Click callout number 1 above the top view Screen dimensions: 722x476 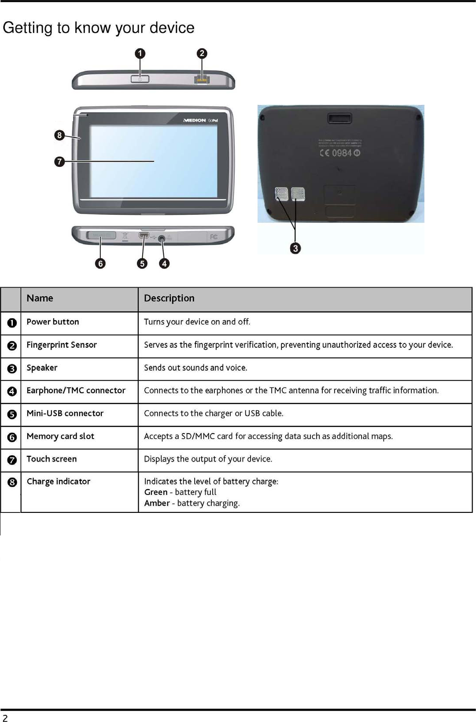[x=140, y=54]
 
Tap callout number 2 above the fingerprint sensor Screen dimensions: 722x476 [x=202, y=54]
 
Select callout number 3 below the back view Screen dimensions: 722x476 [x=295, y=248]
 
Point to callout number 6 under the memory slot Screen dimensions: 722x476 [x=100, y=263]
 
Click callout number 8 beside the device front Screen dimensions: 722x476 [x=59, y=135]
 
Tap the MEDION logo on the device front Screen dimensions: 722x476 [x=195, y=120]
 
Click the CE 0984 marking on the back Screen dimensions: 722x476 [x=339, y=153]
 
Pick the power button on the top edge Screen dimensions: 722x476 [x=140, y=79]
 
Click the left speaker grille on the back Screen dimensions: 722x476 [x=281, y=194]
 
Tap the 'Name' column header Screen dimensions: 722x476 [x=40, y=298]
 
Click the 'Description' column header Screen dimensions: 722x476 [x=169, y=298]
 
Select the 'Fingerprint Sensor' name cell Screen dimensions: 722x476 [x=62, y=345]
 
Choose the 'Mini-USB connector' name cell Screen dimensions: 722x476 [x=65, y=413]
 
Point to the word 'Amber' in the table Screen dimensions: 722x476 [x=157, y=503]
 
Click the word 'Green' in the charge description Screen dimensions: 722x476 [x=156, y=492]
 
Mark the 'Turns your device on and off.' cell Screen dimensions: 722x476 [x=197, y=322]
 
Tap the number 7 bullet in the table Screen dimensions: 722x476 [x=12, y=460]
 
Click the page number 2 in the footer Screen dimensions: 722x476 [x=5, y=718]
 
